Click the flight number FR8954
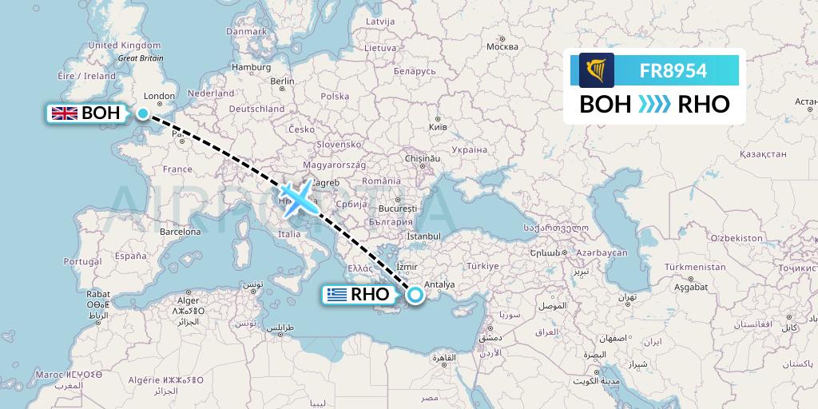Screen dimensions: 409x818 click(673, 70)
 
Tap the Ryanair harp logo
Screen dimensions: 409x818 click(597, 69)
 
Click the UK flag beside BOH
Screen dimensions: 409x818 click(63, 113)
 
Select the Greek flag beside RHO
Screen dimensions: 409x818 click(336, 295)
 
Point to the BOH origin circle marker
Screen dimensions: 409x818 click(143, 113)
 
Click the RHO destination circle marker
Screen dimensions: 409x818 click(415, 295)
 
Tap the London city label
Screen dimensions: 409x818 click(160, 97)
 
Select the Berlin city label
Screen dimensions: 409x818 click(283, 81)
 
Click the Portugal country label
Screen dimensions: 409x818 click(82, 261)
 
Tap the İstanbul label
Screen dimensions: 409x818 click(423, 236)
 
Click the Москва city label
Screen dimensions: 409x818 click(502, 46)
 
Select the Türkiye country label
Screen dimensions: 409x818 click(482, 266)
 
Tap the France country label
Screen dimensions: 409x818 click(177, 169)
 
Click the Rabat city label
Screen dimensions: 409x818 click(99, 293)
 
